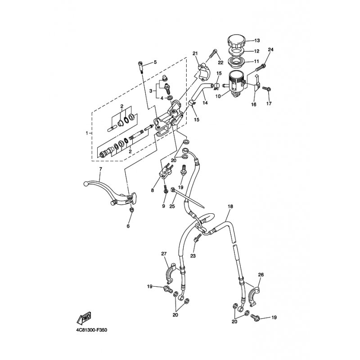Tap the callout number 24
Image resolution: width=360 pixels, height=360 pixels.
pos(271,49)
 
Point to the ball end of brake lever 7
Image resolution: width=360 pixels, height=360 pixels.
pos(85,184)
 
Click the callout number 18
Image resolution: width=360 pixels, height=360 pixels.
pos(230,206)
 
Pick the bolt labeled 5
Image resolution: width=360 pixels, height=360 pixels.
pos(141,67)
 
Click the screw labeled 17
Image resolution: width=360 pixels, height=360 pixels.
pos(267,88)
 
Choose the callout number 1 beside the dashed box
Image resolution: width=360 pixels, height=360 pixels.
pos(87,133)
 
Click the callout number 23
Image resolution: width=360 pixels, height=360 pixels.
pos(193,256)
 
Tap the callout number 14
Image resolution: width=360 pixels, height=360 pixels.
pos(205,103)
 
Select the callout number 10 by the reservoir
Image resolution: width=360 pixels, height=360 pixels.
pos(218,96)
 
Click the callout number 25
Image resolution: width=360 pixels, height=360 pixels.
pos(172,206)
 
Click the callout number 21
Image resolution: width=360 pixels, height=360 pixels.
pos(195,54)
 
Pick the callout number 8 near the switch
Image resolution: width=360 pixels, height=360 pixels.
pos(152,190)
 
